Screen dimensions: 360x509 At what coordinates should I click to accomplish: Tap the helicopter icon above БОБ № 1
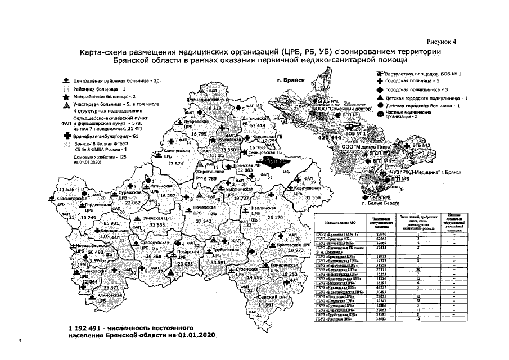click(x=379, y=74)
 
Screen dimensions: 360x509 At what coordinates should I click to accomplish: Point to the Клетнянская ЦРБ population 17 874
click(x=177, y=163)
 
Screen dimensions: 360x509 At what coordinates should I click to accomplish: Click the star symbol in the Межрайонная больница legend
click(x=67, y=97)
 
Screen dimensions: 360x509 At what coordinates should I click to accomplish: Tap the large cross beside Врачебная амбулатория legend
click(x=67, y=136)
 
